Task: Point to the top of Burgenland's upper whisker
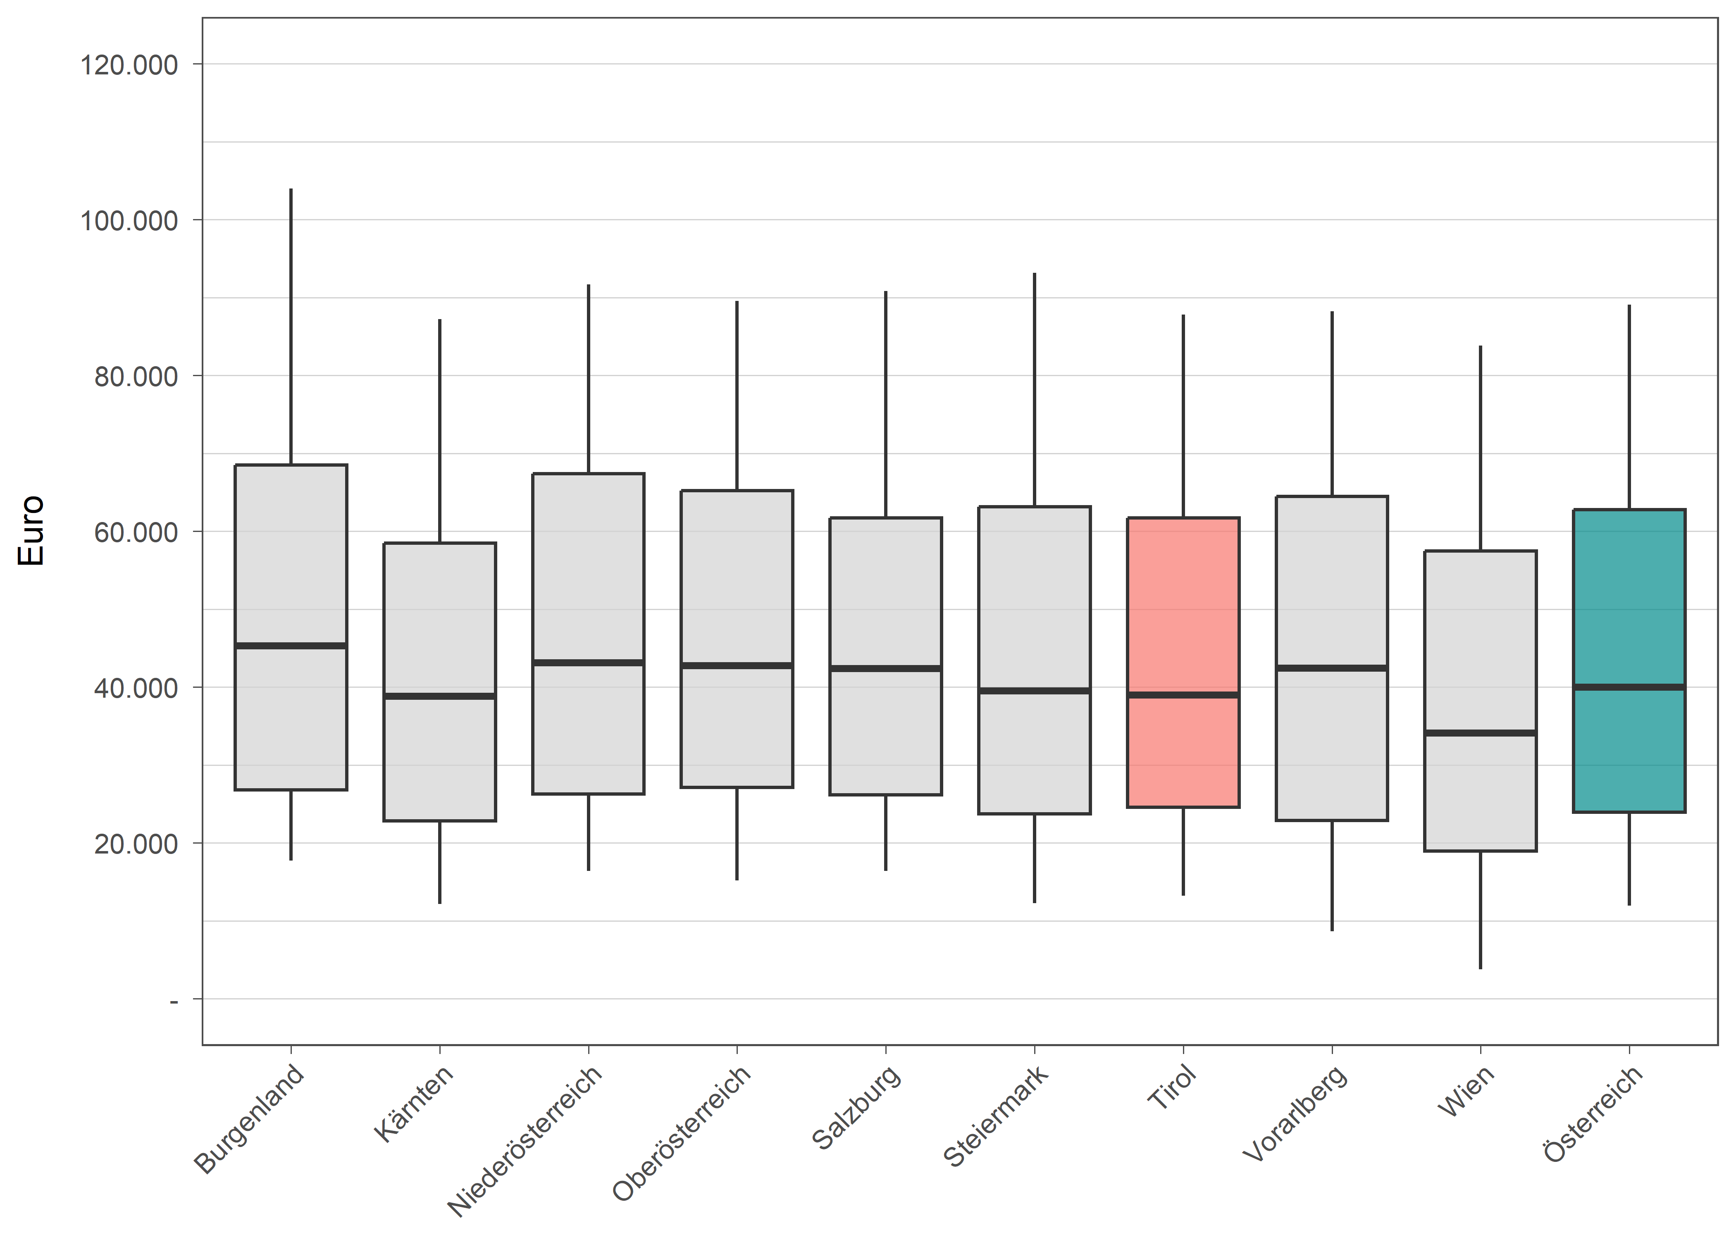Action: coord(291,190)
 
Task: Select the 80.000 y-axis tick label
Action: coord(136,377)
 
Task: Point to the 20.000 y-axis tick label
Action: coord(136,844)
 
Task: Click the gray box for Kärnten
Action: coord(440,611)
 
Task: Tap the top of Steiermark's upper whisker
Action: coord(1035,274)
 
